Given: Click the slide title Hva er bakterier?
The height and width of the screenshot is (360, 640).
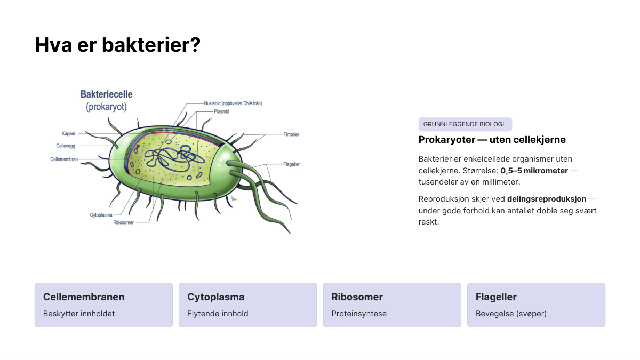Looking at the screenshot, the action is click(117, 45).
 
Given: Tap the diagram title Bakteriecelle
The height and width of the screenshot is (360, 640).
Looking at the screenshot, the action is click(106, 94).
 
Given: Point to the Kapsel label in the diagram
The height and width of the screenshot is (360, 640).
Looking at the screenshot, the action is click(68, 133).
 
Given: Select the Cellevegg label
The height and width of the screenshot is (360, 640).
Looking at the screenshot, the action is click(66, 146).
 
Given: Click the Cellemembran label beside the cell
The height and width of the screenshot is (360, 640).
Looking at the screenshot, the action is click(64, 159).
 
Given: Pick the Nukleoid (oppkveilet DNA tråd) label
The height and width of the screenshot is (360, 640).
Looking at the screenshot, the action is click(233, 103).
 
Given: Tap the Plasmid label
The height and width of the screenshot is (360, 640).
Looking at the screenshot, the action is click(221, 111).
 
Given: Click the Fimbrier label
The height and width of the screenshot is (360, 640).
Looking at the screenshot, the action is click(291, 134).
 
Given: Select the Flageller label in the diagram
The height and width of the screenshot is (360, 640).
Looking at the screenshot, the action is click(291, 164).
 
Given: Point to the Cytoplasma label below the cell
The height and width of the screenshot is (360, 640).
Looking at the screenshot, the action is click(101, 215).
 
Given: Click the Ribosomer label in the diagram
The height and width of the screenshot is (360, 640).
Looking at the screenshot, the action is click(123, 222).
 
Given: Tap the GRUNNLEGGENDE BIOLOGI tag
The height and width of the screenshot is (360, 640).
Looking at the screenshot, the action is click(465, 124).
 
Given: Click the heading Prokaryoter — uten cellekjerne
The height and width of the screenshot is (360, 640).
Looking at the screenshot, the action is click(492, 140).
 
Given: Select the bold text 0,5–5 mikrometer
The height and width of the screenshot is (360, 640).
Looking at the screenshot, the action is click(534, 171).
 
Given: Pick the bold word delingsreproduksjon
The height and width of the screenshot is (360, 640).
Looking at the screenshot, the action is click(547, 199).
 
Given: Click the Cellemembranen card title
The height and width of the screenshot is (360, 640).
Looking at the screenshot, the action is click(84, 297).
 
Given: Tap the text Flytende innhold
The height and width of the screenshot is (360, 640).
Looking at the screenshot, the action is click(218, 314).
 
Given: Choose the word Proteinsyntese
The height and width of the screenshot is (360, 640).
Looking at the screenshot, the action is click(359, 314).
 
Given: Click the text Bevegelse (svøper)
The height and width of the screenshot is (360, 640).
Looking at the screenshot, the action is click(511, 314).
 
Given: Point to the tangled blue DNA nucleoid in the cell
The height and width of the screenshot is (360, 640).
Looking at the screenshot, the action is click(174, 158).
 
